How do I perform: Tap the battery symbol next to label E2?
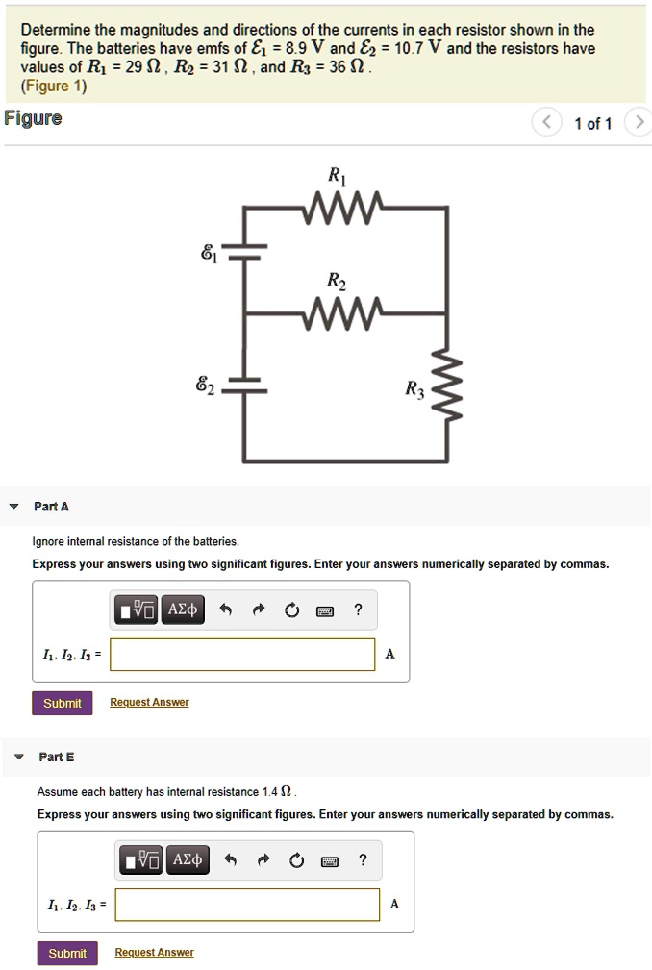pyautogui.click(x=244, y=387)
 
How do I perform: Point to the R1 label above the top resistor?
pyautogui.click(x=336, y=175)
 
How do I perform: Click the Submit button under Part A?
pyautogui.click(x=63, y=703)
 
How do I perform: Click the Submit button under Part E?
pyautogui.click(x=67, y=953)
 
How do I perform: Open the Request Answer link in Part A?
pyautogui.click(x=149, y=703)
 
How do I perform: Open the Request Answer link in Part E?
pyautogui.click(x=154, y=953)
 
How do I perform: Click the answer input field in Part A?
pyautogui.click(x=242, y=655)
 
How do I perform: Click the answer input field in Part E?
pyautogui.click(x=247, y=905)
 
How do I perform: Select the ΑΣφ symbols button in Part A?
pyautogui.click(x=182, y=609)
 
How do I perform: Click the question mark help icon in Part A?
pyautogui.click(x=358, y=609)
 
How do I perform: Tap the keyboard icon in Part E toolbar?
pyautogui.click(x=329, y=860)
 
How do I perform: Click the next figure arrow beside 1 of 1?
pyautogui.click(x=639, y=123)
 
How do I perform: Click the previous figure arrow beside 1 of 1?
pyautogui.click(x=545, y=123)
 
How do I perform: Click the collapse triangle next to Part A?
pyautogui.click(x=13, y=507)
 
